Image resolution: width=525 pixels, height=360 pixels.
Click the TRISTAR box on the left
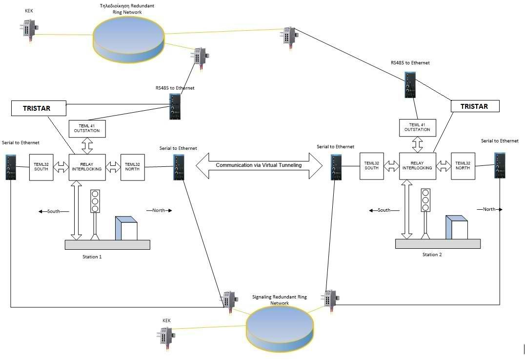38,108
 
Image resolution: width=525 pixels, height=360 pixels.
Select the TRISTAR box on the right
475,106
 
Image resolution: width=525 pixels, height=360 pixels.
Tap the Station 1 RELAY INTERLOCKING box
86,167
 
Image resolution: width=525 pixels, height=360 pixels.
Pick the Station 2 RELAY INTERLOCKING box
417,166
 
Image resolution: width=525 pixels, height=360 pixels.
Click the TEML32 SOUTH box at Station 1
41,167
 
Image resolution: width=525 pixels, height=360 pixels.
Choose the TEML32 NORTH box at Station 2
463,166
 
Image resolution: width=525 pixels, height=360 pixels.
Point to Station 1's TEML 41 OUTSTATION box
87,128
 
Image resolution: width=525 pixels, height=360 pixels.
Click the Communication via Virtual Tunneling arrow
259,165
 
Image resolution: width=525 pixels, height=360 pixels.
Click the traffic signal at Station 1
95,201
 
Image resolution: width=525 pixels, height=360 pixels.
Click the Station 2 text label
432,255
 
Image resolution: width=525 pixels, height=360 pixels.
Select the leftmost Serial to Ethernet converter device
11,167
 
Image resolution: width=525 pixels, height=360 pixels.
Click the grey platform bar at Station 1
107,244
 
